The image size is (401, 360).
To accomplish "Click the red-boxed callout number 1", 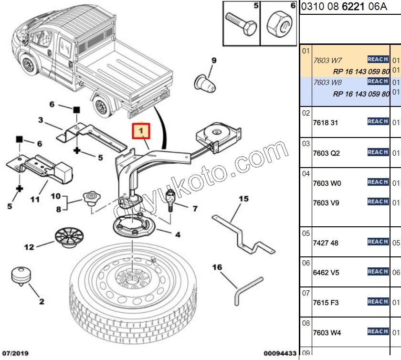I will pyautogui.click(x=141, y=130).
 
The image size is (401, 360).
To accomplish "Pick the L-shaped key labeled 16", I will pyautogui.click(x=247, y=288).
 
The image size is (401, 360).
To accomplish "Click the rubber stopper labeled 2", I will pyautogui.click(x=21, y=277).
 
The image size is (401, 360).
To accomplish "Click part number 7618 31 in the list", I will pyautogui.click(x=326, y=123).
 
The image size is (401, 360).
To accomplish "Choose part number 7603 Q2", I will pyautogui.click(x=327, y=153).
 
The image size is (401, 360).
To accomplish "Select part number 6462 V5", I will pyautogui.click(x=326, y=273).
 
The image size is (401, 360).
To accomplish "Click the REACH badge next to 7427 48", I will pyautogui.click(x=378, y=242).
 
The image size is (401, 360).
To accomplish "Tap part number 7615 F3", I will pyautogui.click(x=326, y=303).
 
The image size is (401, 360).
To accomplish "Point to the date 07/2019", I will pyautogui.click(x=15, y=354).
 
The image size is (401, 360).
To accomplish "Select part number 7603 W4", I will pyautogui.click(x=327, y=333).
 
